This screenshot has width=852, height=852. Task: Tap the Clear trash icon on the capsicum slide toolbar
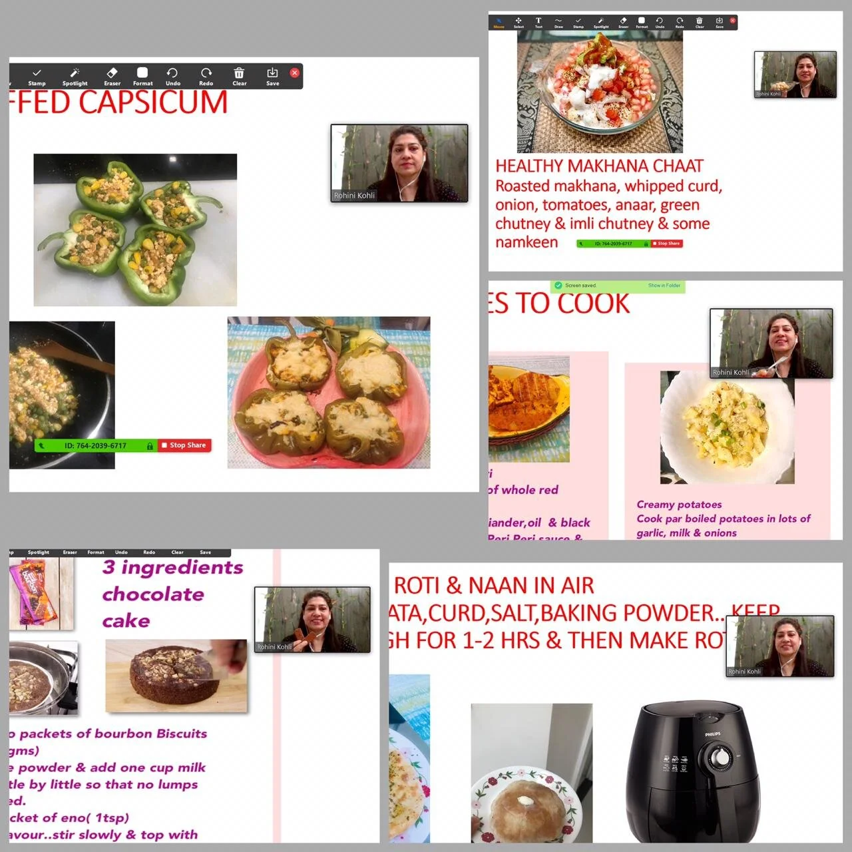pyautogui.click(x=239, y=73)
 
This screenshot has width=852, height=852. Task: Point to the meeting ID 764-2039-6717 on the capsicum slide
pyautogui.click(x=95, y=445)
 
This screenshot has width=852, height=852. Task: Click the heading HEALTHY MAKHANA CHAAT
pyautogui.click(x=599, y=166)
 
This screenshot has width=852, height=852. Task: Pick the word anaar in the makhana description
pyautogui.click(x=634, y=205)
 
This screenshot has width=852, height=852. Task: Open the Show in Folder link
pyautogui.click(x=664, y=286)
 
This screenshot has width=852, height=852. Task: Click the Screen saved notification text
pyautogui.click(x=580, y=286)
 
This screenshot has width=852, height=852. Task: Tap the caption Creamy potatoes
pyautogui.click(x=679, y=505)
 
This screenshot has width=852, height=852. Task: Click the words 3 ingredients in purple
pyautogui.click(x=172, y=567)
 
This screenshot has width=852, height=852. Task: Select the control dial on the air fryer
pyautogui.click(x=719, y=757)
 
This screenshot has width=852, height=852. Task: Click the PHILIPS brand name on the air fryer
pyautogui.click(x=713, y=734)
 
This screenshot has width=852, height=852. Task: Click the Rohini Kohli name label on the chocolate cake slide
pyautogui.click(x=274, y=646)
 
